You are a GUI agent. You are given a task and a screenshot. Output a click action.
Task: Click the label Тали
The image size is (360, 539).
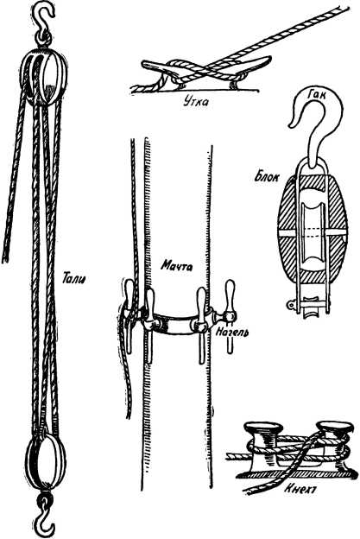click(73, 277)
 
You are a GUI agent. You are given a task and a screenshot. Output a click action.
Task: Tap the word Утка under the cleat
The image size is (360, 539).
click(195, 101)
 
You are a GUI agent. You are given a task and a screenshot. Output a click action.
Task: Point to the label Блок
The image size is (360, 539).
click(267, 177)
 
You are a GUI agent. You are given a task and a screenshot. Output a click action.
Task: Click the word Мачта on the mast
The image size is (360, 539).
click(177, 266)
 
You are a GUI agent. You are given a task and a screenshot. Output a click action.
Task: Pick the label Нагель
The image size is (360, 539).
click(232, 332)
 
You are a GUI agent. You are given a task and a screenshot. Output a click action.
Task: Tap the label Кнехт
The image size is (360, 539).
click(300, 489)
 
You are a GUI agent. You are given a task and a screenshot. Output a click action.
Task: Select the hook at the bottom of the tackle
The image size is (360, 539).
click(44, 516)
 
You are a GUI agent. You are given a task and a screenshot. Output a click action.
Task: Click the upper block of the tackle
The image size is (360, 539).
click(43, 78)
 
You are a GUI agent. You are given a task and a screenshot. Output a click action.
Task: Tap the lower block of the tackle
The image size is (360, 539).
click(46, 461)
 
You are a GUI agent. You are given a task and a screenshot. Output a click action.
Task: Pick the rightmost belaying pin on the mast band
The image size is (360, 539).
click(231, 316)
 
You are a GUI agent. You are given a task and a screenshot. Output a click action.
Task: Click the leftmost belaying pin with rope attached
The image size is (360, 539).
click(129, 316)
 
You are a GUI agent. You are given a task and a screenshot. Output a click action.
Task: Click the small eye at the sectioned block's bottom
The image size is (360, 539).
click(292, 304)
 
